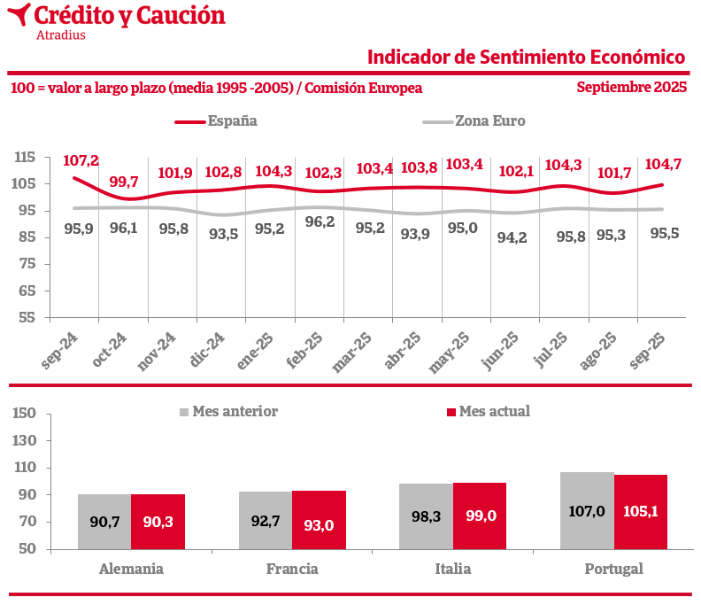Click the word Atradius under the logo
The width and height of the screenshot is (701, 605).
coord(61,35)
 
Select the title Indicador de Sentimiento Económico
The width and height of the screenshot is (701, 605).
coord(527,58)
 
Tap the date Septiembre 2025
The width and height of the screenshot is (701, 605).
coord(631,88)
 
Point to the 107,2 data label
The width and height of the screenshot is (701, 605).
coord(81,160)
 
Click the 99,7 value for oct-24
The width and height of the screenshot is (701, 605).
coord(124,182)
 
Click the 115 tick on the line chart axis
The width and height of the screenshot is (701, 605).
coord(25,158)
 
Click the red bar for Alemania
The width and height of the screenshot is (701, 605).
coord(158,522)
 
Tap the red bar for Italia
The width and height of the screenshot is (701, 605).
coord(480,516)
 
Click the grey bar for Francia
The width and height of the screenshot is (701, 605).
coord(266,520)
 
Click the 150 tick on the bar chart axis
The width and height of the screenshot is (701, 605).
coord(25,414)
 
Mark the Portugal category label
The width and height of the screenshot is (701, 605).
coord(613,569)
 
